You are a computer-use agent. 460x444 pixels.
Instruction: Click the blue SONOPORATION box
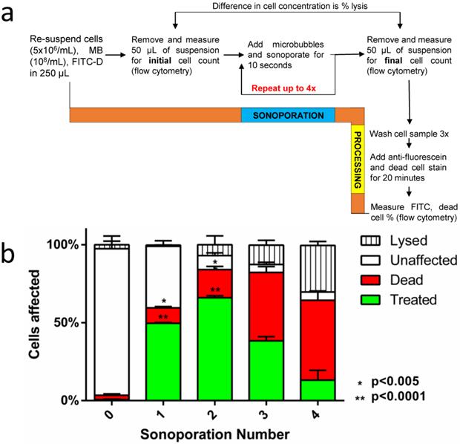(x=287, y=115)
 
